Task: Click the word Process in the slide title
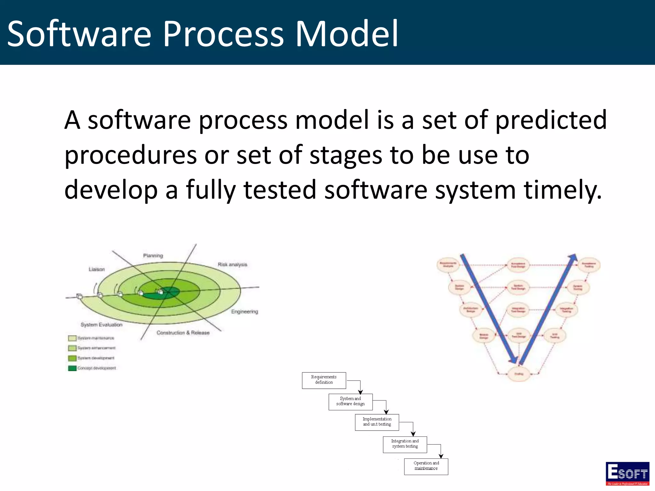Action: pyautogui.click(x=223, y=34)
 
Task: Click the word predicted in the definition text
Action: pyautogui.click(x=551, y=120)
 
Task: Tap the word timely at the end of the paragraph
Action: pyautogui.click(x=563, y=190)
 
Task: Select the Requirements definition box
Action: pyautogui.click(x=324, y=380)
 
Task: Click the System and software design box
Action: pyautogui.click(x=350, y=402)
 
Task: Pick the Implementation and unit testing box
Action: pyautogui.click(x=377, y=422)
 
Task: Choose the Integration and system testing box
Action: pyautogui.click(x=405, y=444)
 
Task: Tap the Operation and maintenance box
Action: pyautogui.click(x=426, y=466)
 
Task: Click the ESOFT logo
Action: pyautogui.click(x=627, y=473)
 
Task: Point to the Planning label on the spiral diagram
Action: pyautogui.click(x=153, y=256)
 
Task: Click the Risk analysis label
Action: pyautogui.click(x=232, y=265)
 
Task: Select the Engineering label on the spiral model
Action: pyautogui.click(x=244, y=312)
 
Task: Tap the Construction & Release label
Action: pyautogui.click(x=183, y=333)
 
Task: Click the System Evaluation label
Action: pyautogui.click(x=101, y=325)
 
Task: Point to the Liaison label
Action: pyautogui.click(x=97, y=269)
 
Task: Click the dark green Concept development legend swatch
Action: pyautogui.click(x=72, y=368)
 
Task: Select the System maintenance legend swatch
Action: pyautogui.click(x=72, y=338)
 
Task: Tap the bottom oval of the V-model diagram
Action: pyautogui.click(x=518, y=374)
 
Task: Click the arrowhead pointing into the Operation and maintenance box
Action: pyautogui.click(x=441, y=456)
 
